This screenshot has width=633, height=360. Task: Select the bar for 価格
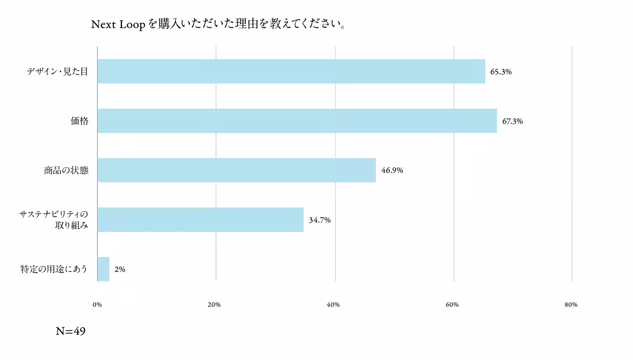[x=297, y=121]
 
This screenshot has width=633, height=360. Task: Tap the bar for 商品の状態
[x=236, y=170]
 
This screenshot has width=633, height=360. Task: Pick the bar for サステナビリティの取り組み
[x=200, y=220]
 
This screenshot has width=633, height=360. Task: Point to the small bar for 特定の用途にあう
[x=103, y=269]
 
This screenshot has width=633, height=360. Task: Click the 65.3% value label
[x=501, y=72]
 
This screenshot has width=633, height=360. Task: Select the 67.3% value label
[x=512, y=121]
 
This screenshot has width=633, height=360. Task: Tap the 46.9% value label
[x=392, y=170]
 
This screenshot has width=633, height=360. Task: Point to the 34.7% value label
[x=320, y=220]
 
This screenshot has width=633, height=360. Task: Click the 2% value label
[x=120, y=270]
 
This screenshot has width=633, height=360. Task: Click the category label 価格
[x=79, y=121]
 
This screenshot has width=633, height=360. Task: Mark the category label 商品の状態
[x=66, y=170]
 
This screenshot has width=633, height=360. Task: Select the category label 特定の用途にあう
[x=53, y=270]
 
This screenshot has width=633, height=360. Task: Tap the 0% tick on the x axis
[x=97, y=305]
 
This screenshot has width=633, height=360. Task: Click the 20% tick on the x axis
[x=214, y=305]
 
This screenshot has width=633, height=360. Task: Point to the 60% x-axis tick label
[x=452, y=305]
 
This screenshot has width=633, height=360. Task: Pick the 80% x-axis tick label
[x=571, y=305]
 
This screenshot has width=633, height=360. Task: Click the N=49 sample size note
[x=71, y=331]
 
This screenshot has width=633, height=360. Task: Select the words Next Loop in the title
[x=118, y=24]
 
